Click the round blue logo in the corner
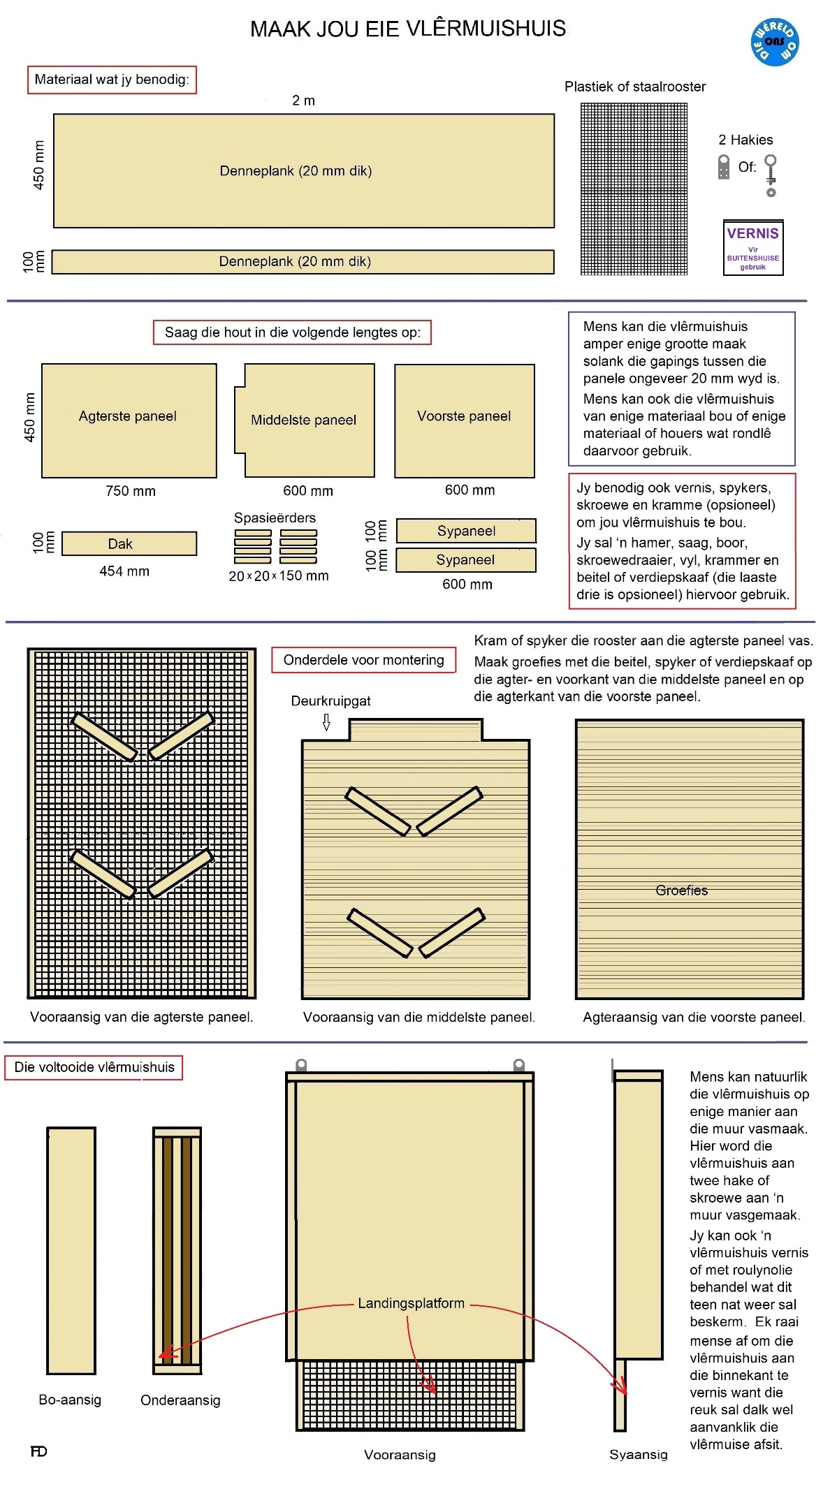coord(774,43)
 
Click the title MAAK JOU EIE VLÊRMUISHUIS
coord(408,29)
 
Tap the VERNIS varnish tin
coord(752,248)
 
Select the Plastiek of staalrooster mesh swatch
coord(634,189)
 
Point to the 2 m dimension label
coord(303,101)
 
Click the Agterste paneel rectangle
coord(129,420)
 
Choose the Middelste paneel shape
coord(305,420)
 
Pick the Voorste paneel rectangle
coord(464,420)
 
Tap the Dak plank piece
coord(129,543)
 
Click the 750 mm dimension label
coord(131,491)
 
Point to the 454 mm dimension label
coord(124,571)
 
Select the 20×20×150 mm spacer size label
coord(278,576)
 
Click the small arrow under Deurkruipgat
coord(326,721)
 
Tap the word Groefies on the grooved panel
coord(681,890)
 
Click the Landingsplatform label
coord(411,1303)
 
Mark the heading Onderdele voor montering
coord(363,660)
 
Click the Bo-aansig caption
coord(70,1400)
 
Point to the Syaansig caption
coord(638,1455)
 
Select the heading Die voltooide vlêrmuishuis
coord(94,1067)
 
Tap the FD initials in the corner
coord(38,1451)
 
